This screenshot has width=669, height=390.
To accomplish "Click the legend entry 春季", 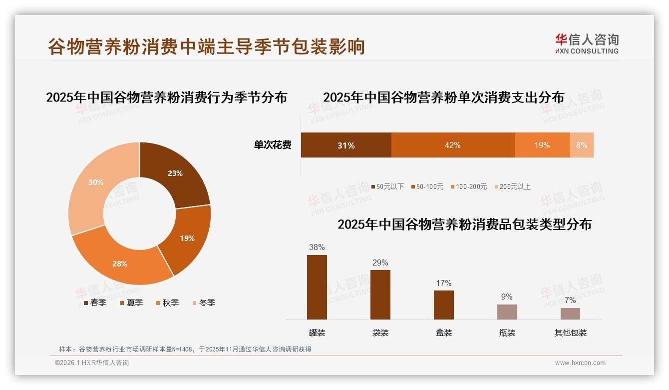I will [x=95, y=302].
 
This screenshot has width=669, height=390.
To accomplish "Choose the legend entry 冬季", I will [x=203, y=302].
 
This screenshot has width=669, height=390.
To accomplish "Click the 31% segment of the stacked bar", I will [x=346, y=145].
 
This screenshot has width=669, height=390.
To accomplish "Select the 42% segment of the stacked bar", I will [x=452, y=145].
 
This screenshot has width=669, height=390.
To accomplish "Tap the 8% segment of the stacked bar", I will [x=582, y=145].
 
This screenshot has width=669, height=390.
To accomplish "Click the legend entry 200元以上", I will [x=512, y=186].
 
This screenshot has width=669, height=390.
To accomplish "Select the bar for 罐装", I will [x=317, y=287].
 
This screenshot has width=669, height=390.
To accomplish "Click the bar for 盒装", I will [x=444, y=304].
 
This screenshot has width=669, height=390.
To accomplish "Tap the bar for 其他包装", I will [x=570, y=313].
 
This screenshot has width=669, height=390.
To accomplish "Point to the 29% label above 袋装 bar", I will [x=380, y=262].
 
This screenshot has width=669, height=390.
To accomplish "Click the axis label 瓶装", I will [x=507, y=332].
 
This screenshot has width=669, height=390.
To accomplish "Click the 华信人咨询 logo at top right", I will [x=587, y=43].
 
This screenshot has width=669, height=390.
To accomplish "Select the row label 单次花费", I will [x=273, y=145].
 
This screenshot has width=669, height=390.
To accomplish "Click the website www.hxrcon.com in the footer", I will [x=580, y=363].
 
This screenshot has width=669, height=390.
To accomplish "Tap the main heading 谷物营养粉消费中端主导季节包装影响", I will [x=207, y=46].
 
